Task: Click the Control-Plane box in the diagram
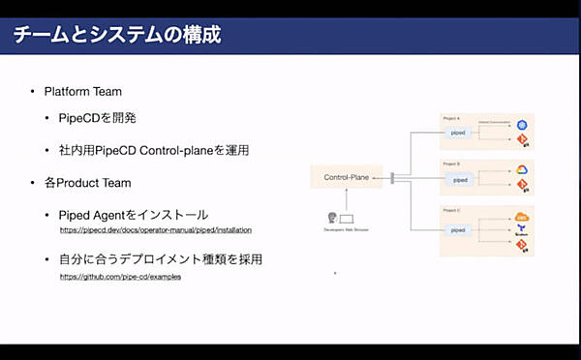(x=347, y=177)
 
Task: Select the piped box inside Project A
(x=459, y=134)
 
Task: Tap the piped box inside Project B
(x=459, y=179)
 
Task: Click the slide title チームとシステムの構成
(x=115, y=37)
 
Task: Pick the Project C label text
(x=451, y=208)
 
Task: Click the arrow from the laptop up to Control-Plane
(x=347, y=197)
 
